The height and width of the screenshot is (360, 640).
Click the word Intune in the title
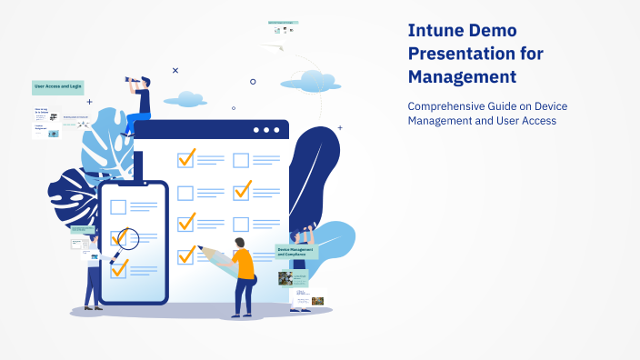point(438,29)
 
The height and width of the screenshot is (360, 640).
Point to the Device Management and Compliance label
point(296,251)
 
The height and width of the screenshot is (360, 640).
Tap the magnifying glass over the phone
point(127,239)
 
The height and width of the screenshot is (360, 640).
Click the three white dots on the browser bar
point(266,130)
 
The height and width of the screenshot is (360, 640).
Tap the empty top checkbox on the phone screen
point(118,206)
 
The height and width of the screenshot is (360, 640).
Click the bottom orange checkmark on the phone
point(119,267)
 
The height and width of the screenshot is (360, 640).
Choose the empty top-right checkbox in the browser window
point(241,161)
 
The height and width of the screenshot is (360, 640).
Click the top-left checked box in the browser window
point(186,158)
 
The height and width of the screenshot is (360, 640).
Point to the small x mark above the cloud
point(175,70)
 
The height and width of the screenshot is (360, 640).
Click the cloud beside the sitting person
point(188,98)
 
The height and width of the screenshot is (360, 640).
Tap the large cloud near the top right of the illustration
point(310,79)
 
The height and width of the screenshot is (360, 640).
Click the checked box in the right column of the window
point(242,191)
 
